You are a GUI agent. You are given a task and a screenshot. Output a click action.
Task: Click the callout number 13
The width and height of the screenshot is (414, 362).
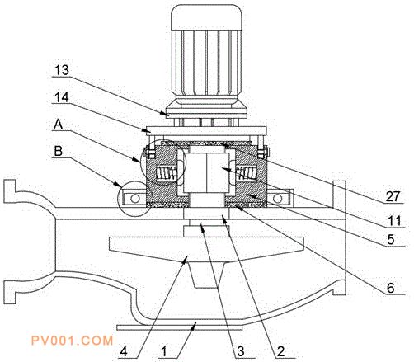(x=62, y=70)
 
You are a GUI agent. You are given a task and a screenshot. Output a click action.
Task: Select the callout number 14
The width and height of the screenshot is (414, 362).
(x=62, y=97)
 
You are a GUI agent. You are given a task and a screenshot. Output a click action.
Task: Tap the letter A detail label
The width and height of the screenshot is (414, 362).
(x=59, y=125)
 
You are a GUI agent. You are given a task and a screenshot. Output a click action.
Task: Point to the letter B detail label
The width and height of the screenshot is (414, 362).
(x=59, y=151)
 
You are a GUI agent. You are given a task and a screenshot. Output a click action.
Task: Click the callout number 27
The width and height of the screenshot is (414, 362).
(x=393, y=196)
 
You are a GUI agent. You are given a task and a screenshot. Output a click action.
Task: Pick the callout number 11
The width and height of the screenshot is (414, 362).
(x=395, y=221)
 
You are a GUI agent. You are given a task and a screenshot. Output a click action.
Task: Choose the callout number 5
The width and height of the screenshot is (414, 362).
(x=391, y=240)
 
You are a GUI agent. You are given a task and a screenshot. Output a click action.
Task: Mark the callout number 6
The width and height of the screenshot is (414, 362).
(x=391, y=288)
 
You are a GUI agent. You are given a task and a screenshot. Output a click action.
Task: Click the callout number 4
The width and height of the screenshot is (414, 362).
(x=124, y=351)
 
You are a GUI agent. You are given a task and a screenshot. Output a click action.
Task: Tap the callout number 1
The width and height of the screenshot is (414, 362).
(x=164, y=351)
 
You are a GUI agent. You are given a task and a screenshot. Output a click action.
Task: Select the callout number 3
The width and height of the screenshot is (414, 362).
(x=241, y=351)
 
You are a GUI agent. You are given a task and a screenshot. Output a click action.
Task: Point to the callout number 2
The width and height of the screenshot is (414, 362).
(x=280, y=351)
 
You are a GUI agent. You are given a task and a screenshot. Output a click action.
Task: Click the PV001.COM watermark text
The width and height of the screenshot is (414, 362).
(x=72, y=341)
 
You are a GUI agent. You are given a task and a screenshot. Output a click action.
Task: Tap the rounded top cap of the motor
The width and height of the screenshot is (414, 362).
(x=206, y=17)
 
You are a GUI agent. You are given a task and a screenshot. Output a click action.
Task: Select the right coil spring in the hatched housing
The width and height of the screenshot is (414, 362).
(x=247, y=173)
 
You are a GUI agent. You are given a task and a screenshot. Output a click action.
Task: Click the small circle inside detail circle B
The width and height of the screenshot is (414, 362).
(x=135, y=198)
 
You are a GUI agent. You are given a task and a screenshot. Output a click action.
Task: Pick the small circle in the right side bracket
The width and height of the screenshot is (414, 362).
(x=278, y=198)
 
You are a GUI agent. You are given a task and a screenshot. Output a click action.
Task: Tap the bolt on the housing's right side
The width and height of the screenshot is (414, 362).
(x=263, y=152)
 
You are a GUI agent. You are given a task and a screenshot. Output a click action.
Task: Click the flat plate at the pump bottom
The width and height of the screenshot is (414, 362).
(x=180, y=327)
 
